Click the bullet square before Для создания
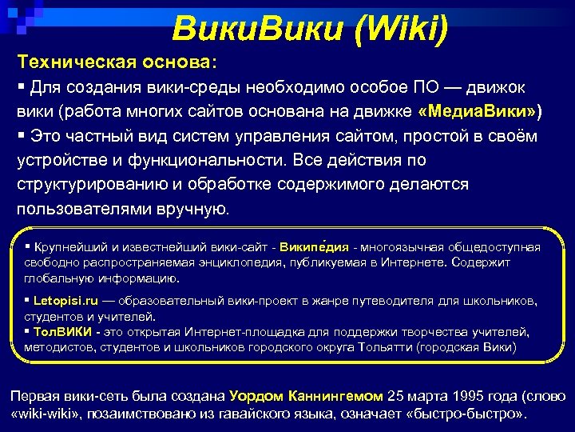pyautogui.click(x=22, y=85)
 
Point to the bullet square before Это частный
pyautogui.click(x=22, y=134)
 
